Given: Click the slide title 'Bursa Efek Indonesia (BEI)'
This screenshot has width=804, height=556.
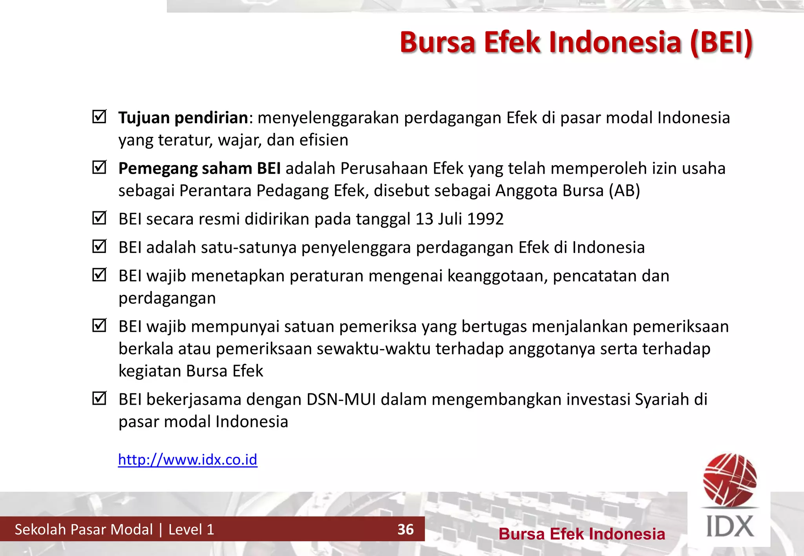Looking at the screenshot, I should point(576,42).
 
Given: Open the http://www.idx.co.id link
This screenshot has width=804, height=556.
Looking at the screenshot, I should point(188,460).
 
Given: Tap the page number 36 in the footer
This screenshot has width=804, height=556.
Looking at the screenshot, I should point(406,529).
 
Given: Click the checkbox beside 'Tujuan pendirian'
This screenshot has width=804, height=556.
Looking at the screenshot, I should point(99,116).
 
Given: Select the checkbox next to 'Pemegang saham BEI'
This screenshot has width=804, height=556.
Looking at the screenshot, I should point(99,167).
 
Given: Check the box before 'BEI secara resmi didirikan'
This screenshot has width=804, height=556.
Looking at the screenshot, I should point(99,218).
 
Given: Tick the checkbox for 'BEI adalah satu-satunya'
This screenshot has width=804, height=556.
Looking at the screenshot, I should point(99,246).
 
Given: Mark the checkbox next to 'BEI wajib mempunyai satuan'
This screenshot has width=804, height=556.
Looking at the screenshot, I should point(99,325).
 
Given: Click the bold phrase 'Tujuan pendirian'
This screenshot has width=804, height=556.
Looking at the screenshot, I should point(183,118).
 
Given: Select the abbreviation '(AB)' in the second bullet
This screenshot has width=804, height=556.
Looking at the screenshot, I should point(624,191).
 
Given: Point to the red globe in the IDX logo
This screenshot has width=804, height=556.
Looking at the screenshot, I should point(730,479).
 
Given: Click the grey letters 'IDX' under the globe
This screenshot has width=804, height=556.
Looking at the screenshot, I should point(730,526).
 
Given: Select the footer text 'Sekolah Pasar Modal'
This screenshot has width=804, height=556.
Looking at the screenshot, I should point(84,529).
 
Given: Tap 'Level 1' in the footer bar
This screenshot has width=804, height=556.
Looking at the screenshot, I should point(191,529).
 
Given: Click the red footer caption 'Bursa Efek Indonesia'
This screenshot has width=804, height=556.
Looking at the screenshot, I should point(582,534).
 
